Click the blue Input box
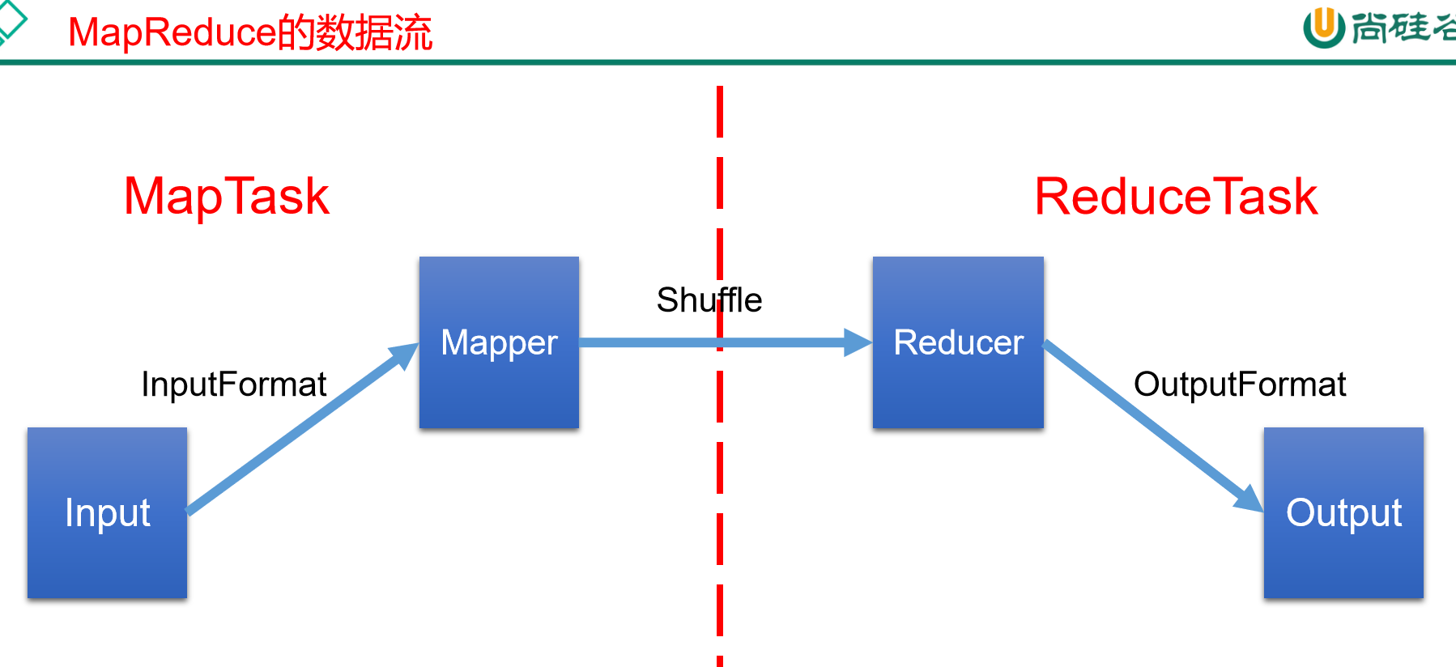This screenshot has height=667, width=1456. pos(107,559)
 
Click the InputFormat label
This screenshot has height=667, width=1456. pos(233,384)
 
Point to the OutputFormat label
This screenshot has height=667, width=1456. pos(1239,384)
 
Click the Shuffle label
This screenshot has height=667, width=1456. pos(709,300)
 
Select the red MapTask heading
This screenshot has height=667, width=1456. pos(227,197)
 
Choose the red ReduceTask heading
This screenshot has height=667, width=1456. pos(1176,197)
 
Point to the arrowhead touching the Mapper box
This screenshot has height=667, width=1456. pos(405,355)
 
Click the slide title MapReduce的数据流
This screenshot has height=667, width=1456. pos(250,33)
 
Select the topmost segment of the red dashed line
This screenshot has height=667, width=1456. pos(720,112)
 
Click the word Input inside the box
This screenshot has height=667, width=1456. pos(107,513)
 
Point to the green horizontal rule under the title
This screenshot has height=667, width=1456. pos(729,62)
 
